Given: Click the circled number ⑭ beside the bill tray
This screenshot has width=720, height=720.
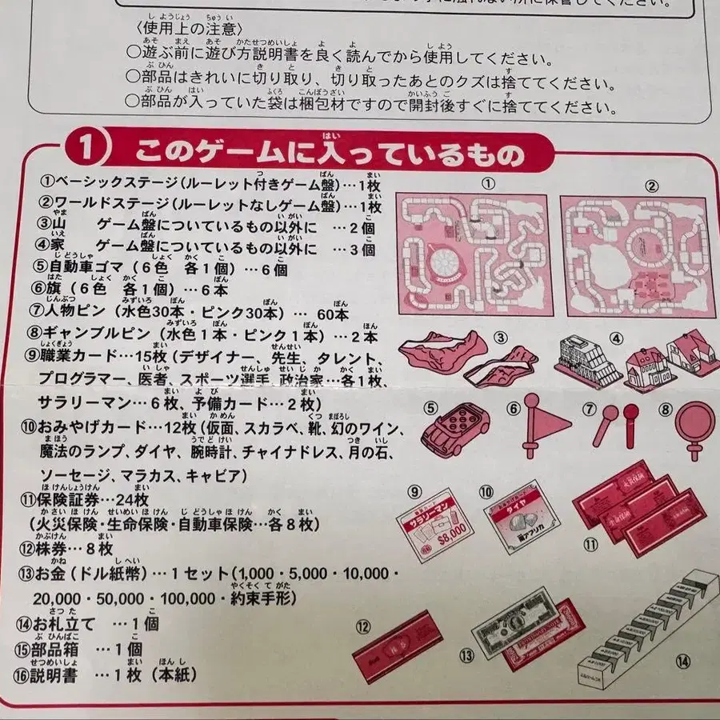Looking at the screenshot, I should pyautogui.click(x=682, y=660).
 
